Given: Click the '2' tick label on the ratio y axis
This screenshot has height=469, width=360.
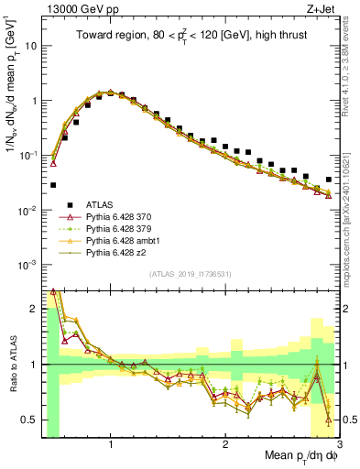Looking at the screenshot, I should pos(35,309).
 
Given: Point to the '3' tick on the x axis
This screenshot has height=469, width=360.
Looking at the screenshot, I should pos(339,442).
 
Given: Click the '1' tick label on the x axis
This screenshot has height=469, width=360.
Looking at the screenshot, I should pos(111,442).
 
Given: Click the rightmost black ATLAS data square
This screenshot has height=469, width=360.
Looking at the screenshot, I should pos(329,180).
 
